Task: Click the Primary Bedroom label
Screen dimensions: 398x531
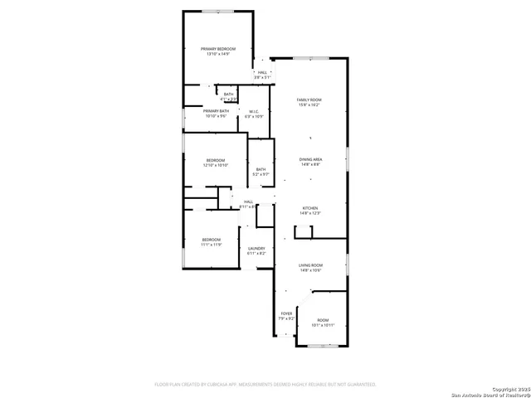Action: (218, 50)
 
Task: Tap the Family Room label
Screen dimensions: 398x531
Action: (309, 100)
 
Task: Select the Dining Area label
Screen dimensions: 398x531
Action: (310, 159)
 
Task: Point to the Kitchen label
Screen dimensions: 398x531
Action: (310, 208)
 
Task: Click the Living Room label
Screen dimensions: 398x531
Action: (310, 265)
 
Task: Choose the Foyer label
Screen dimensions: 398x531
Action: (286, 313)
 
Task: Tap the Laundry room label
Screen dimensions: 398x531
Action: (256, 248)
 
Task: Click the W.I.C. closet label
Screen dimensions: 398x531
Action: (254, 112)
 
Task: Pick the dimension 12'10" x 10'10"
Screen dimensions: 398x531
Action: (215, 165)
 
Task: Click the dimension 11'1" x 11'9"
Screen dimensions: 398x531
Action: (211, 245)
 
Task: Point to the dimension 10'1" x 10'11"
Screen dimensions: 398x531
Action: (322, 325)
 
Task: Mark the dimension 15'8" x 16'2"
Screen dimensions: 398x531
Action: (309, 105)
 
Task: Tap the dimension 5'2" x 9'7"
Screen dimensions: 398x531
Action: (261, 174)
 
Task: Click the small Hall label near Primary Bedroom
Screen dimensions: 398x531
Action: (262, 72)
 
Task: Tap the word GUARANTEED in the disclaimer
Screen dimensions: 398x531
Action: (358, 385)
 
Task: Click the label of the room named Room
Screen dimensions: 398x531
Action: (322, 320)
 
